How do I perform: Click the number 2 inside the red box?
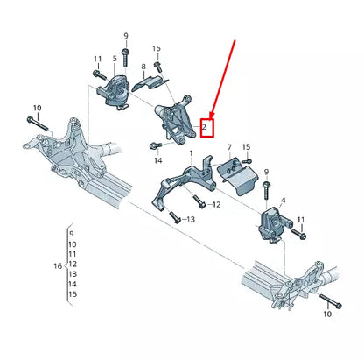pos(205,127)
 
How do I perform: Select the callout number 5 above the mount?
pos(113,60)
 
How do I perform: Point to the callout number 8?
pos(143,66)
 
